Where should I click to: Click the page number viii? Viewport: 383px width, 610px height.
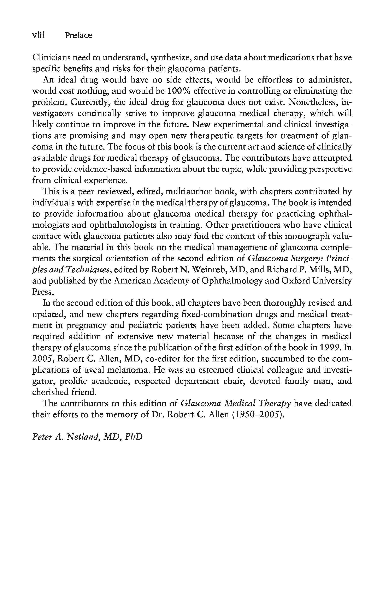pyautogui.click(x=39, y=35)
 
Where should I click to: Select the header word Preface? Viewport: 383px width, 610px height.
pyautogui.click(x=78, y=35)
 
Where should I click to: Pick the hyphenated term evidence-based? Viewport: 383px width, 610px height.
pyautogui.click(x=87, y=169)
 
